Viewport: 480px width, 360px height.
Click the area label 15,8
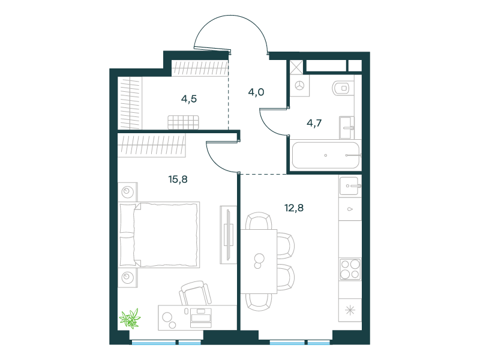[x=178, y=179]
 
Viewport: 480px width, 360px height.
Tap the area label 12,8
[x=294, y=208]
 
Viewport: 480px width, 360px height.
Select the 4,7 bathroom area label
[x=314, y=123]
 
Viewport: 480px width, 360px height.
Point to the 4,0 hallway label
[x=256, y=92]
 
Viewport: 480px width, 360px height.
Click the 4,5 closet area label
[x=189, y=99]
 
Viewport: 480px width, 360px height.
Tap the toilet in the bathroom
[x=343, y=88]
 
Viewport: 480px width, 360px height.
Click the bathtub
[x=326, y=155]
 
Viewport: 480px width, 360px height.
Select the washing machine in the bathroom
[x=299, y=86]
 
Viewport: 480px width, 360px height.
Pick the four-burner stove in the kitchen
[x=350, y=269]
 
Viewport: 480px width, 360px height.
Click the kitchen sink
[x=349, y=185]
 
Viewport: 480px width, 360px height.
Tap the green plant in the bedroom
[x=130, y=319]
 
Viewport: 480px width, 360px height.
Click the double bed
[x=159, y=235]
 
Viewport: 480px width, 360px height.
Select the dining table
[x=259, y=262]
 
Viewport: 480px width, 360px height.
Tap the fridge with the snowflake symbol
[x=350, y=310]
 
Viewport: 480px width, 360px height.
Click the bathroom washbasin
[x=347, y=128]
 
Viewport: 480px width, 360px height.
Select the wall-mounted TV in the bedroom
[x=229, y=235]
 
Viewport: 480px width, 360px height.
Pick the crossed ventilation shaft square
[x=296, y=67]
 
